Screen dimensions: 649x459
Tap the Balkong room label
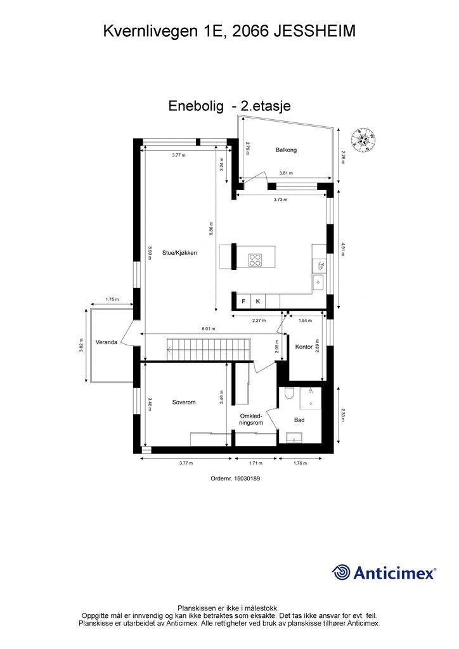(286, 150)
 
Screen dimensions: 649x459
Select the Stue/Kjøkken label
(179, 252)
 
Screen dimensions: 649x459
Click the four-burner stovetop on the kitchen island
(255, 259)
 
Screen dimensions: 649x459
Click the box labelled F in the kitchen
(242, 301)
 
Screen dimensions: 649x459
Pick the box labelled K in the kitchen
(258, 301)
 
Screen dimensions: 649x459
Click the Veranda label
(106, 342)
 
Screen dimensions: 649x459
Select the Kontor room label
(304, 347)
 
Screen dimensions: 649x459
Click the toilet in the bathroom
(288, 394)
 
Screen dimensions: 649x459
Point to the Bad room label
(299, 420)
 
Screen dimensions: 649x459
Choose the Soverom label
(184, 402)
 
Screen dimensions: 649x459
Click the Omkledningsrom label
(250, 420)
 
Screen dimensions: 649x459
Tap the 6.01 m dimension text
(209, 329)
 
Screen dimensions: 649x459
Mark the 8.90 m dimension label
(150, 252)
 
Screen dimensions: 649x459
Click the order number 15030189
(235, 479)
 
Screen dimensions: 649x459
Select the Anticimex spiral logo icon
(342, 572)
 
